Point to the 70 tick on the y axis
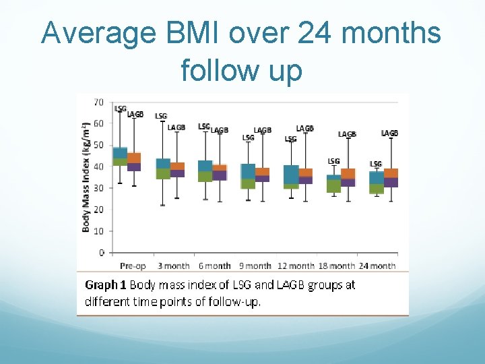click(x=98, y=102)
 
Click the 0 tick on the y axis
click(x=102, y=253)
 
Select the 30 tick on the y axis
click(x=98, y=188)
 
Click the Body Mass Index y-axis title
click(x=86, y=177)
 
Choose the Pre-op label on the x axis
click(x=133, y=266)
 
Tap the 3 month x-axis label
click(x=174, y=266)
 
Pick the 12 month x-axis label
click(x=296, y=266)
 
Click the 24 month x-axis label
click(x=377, y=266)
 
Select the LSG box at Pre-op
click(x=120, y=156)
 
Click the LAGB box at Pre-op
click(x=134, y=162)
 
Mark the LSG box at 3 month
click(x=163, y=169)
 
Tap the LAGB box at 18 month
click(x=348, y=177)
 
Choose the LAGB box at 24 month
click(x=391, y=177)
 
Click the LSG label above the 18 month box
click(x=333, y=161)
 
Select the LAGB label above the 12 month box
click(x=304, y=128)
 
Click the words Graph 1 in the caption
click(x=106, y=285)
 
